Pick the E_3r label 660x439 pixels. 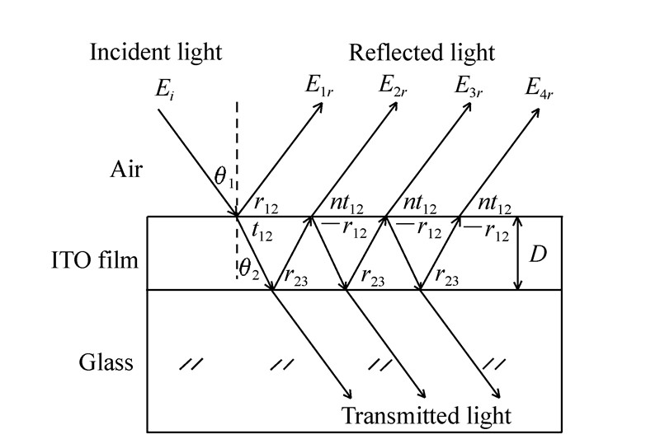click(x=468, y=86)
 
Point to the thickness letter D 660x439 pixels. click(x=538, y=255)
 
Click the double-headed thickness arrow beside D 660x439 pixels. click(x=517, y=254)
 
